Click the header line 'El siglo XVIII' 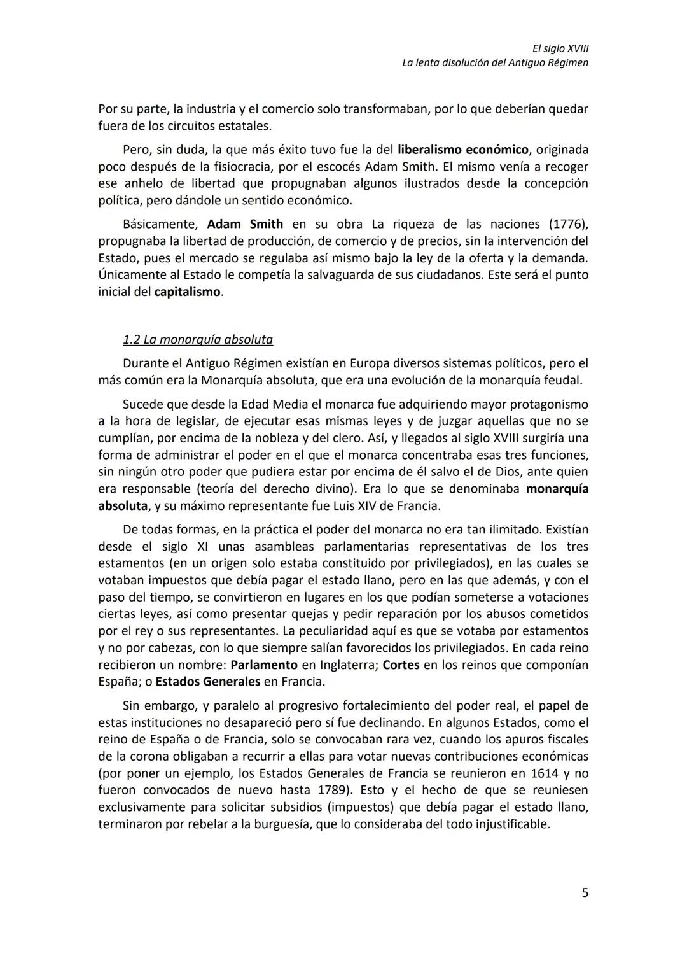tap(560, 48)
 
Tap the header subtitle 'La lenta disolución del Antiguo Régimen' tap(495, 63)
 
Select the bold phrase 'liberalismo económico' tap(463, 150)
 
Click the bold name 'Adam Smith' tap(245, 224)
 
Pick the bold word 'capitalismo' tap(188, 292)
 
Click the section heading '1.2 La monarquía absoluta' tap(197, 339)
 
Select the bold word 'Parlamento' tap(264, 665)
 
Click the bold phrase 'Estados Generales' tap(208, 682)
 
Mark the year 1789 tap(333, 791)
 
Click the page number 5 tap(585, 893)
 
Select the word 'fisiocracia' tap(242, 167)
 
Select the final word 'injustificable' tap(512, 824)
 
